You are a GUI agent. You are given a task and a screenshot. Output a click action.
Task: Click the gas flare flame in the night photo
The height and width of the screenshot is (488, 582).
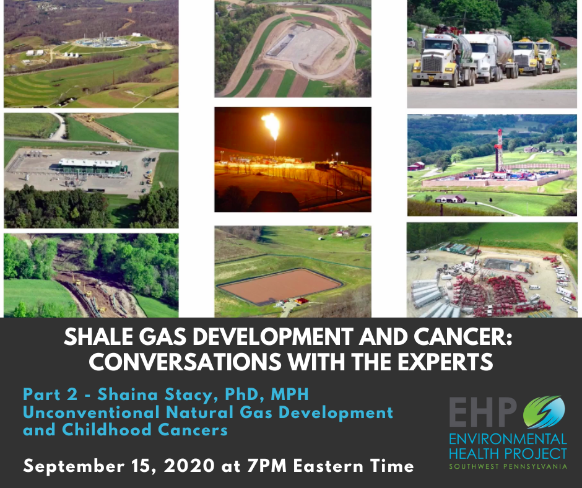[272, 125]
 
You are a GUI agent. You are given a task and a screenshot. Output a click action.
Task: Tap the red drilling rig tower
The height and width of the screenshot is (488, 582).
[500, 150]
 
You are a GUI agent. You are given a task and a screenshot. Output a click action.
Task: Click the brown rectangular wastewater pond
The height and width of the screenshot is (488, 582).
[280, 285]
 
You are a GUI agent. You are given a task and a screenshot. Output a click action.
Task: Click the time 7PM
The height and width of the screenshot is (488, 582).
[267, 466]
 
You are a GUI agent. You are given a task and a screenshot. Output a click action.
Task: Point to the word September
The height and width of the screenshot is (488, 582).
[74, 466]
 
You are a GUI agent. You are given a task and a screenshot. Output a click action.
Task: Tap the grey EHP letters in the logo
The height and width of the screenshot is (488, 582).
[483, 412]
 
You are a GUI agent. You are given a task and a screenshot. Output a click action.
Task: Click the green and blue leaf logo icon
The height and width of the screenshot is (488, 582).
[544, 412]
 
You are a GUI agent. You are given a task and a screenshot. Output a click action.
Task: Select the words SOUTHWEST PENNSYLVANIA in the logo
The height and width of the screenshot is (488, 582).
[508, 466]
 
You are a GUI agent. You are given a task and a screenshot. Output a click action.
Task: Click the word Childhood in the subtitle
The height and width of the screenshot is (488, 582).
[106, 430]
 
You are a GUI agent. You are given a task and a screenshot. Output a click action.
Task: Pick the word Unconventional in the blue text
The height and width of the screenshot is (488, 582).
[91, 412]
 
